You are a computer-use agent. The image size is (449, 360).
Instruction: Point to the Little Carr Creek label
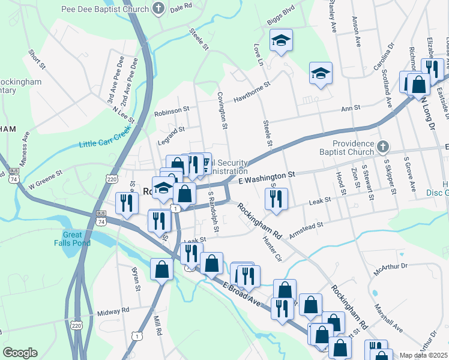point(105,140)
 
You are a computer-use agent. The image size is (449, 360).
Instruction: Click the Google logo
point(20,353)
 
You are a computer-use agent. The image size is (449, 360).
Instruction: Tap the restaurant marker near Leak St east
point(276,199)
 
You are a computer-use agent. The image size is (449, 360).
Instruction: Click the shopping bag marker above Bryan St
point(162,268)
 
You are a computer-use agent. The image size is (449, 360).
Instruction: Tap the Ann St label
point(350,109)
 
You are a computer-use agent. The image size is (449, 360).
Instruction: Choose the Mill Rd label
point(158,324)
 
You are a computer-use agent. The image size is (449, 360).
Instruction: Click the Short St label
point(37,59)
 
